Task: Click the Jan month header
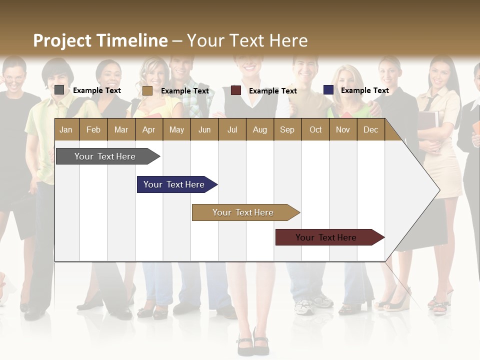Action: pyautogui.click(x=66, y=129)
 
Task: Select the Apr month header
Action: pyautogui.click(x=149, y=129)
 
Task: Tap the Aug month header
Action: pyautogui.click(x=259, y=129)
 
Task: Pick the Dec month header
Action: pyautogui.click(x=370, y=129)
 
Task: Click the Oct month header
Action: pyautogui.click(x=315, y=129)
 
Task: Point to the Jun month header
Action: pyautogui.click(x=204, y=129)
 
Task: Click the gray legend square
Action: pyautogui.click(x=59, y=90)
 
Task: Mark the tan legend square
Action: pyautogui.click(x=147, y=90)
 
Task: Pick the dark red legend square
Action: pyautogui.click(x=236, y=90)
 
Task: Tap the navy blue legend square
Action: pyautogui.click(x=328, y=90)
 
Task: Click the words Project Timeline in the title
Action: pyautogui.click(x=100, y=40)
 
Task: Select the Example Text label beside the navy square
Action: pyautogui.click(x=364, y=90)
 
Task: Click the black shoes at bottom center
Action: pyautogui.click(x=252, y=344)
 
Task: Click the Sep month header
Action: pyautogui.click(x=287, y=129)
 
